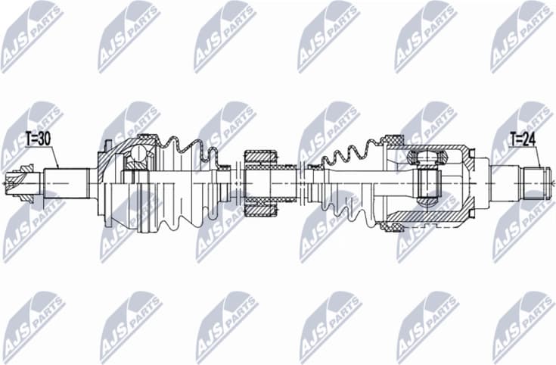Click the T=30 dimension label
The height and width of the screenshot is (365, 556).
[38, 139]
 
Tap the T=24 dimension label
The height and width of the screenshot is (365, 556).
[522, 139]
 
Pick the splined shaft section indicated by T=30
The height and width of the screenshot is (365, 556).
[65, 182]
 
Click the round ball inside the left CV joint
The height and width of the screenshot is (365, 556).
[138, 156]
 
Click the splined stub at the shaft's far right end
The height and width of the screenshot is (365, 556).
[536, 182]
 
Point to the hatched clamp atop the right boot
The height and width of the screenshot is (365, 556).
[393, 140]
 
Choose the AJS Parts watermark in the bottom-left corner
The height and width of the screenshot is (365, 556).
[33, 326]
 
